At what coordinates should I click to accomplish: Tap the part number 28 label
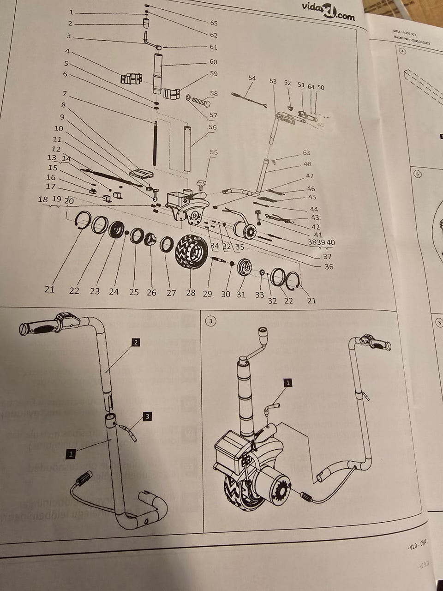click(190, 292)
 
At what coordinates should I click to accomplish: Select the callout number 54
click(251, 78)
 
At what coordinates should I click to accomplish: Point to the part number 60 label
click(213, 62)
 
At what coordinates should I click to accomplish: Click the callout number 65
click(214, 23)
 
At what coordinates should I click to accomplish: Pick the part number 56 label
click(213, 127)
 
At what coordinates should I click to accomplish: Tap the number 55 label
click(214, 152)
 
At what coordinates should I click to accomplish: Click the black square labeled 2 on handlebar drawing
click(136, 343)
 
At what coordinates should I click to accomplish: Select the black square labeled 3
click(147, 416)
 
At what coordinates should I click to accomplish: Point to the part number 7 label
click(65, 94)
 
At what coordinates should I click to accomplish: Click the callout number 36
click(329, 266)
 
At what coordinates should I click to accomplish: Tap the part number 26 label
click(151, 292)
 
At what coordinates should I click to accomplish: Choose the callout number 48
click(307, 164)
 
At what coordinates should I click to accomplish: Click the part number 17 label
click(51, 187)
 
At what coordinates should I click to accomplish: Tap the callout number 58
click(214, 94)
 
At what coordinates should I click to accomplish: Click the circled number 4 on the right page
click(403, 52)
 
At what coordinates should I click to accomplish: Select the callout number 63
click(307, 153)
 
